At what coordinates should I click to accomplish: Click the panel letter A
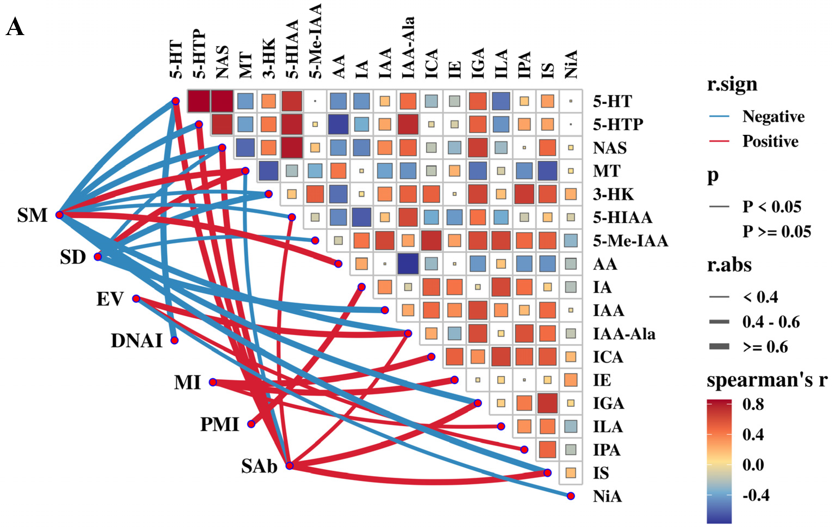(15, 27)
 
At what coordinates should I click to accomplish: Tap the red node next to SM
(60, 215)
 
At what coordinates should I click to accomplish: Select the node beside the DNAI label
(174, 340)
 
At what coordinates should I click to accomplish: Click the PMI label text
(220, 424)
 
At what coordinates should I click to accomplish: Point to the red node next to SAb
(290, 466)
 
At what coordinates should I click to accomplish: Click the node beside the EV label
(136, 298)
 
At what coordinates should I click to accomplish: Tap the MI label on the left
(187, 382)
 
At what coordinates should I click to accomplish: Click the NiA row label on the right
(607, 496)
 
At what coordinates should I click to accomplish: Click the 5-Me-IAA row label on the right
(630, 241)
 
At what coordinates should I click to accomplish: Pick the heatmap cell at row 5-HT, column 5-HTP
(199, 101)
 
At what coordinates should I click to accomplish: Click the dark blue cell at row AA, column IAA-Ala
(408, 263)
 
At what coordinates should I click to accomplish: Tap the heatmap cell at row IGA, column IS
(547, 403)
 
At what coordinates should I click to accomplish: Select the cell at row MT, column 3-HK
(268, 171)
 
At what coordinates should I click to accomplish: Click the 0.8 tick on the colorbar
(753, 404)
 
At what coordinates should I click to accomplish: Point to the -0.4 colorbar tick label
(756, 495)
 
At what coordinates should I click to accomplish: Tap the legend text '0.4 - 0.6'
(771, 322)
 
